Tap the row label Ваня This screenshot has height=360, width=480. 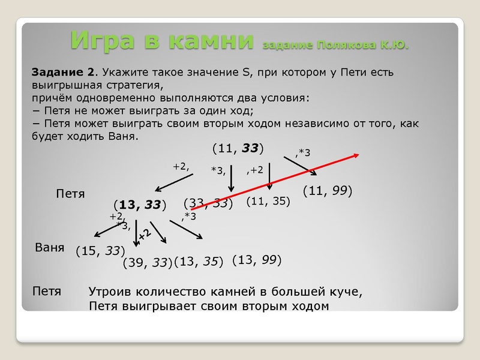click(x=50, y=247)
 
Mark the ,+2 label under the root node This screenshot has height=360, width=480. click(x=255, y=170)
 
